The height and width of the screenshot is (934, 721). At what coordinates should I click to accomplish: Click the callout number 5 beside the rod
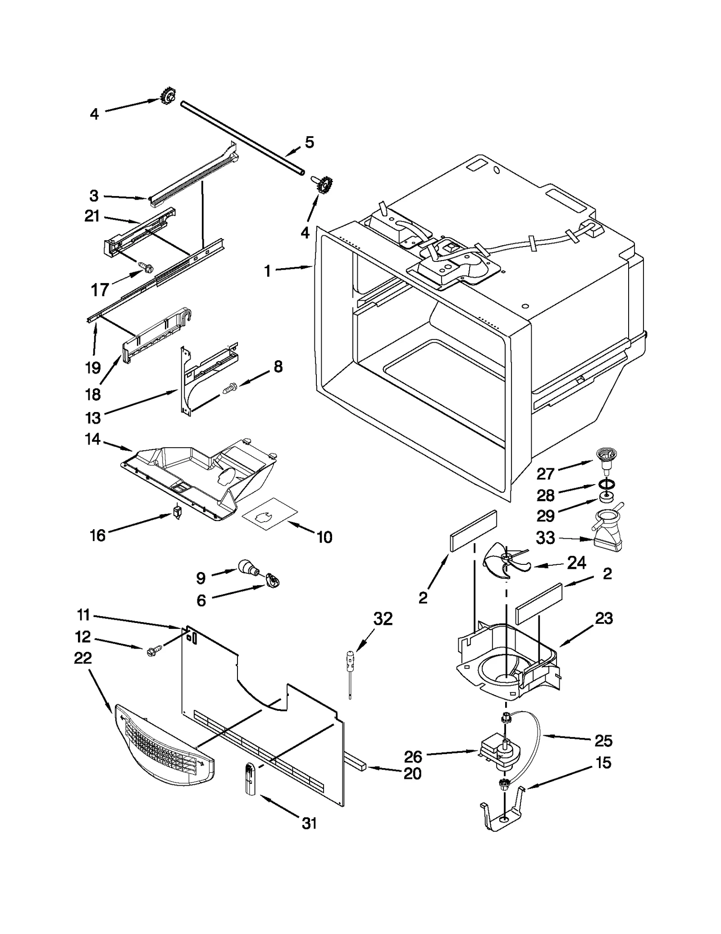309,142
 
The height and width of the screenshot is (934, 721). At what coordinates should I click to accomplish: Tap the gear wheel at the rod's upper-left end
168,96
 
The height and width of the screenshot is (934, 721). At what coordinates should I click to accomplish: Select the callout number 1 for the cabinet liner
268,271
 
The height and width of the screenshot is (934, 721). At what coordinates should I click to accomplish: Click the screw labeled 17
145,267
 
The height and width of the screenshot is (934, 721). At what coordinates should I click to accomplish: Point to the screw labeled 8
230,387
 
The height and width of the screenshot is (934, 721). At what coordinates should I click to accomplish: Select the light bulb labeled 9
246,567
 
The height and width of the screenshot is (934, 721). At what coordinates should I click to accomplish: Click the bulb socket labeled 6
272,581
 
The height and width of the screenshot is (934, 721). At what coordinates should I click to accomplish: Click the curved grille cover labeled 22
164,751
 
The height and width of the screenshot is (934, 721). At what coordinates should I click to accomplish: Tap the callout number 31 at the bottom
309,824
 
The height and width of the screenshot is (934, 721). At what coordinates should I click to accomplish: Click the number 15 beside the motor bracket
603,763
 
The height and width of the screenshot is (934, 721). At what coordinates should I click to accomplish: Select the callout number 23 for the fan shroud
604,618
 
